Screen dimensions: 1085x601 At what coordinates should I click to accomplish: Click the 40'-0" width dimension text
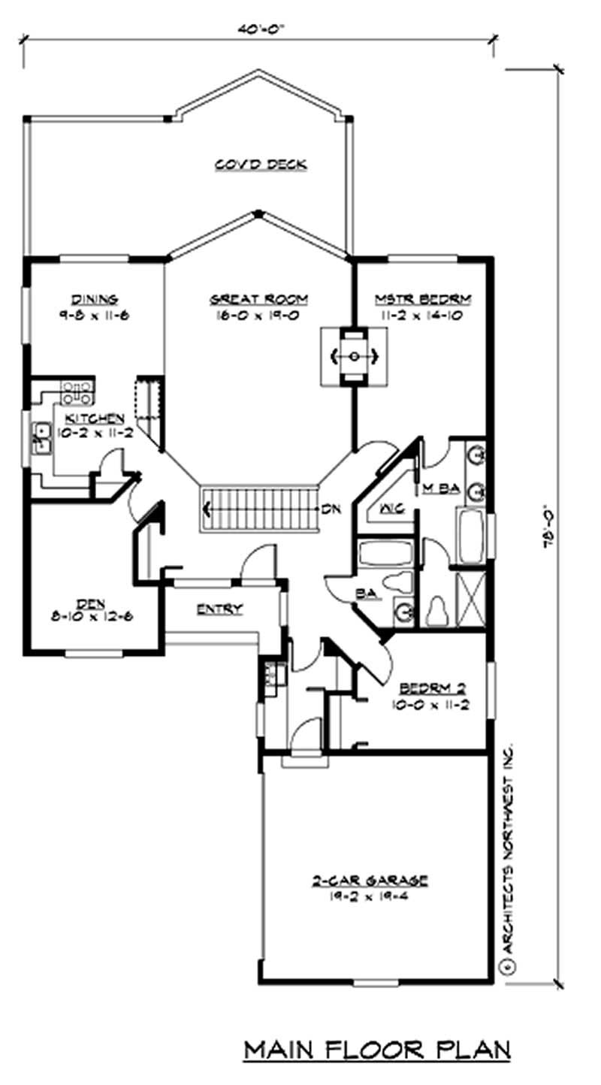[x=258, y=28]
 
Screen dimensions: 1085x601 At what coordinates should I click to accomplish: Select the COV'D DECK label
[x=261, y=165]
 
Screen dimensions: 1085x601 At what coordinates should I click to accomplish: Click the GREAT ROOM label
[x=259, y=300]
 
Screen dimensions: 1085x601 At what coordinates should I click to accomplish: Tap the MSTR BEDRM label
[x=423, y=300]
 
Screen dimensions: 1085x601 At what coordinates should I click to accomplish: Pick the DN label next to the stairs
[x=331, y=509]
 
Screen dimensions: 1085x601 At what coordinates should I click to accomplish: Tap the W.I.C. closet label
[x=388, y=509]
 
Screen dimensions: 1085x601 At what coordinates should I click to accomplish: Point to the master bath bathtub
[x=470, y=536]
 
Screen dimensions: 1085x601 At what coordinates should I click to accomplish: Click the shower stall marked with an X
[x=471, y=599]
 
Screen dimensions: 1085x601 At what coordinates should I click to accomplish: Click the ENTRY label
[x=219, y=609]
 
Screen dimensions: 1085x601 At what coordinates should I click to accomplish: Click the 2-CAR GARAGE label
[x=370, y=879]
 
